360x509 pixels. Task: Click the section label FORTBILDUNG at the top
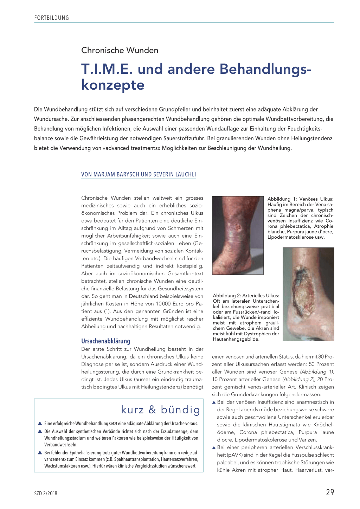(x=52, y=18)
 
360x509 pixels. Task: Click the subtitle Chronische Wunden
(x=120, y=50)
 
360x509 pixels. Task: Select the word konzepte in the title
(x=113, y=85)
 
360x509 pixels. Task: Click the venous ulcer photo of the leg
(x=238, y=235)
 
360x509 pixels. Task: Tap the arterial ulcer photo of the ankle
(x=308, y=294)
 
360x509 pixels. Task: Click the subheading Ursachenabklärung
(x=105, y=341)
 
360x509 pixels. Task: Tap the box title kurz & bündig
(x=160, y=410)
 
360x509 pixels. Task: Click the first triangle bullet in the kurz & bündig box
(x=40, y=424)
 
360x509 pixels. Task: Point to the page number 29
(x=330, y=492)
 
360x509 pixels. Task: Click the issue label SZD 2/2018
(x=46, y=493)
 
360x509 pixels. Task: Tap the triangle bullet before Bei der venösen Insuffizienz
(x=214, y=402)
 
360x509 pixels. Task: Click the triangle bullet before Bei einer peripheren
(x=214, y=447)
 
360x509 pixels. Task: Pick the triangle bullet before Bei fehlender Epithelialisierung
(x=40, y=452)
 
